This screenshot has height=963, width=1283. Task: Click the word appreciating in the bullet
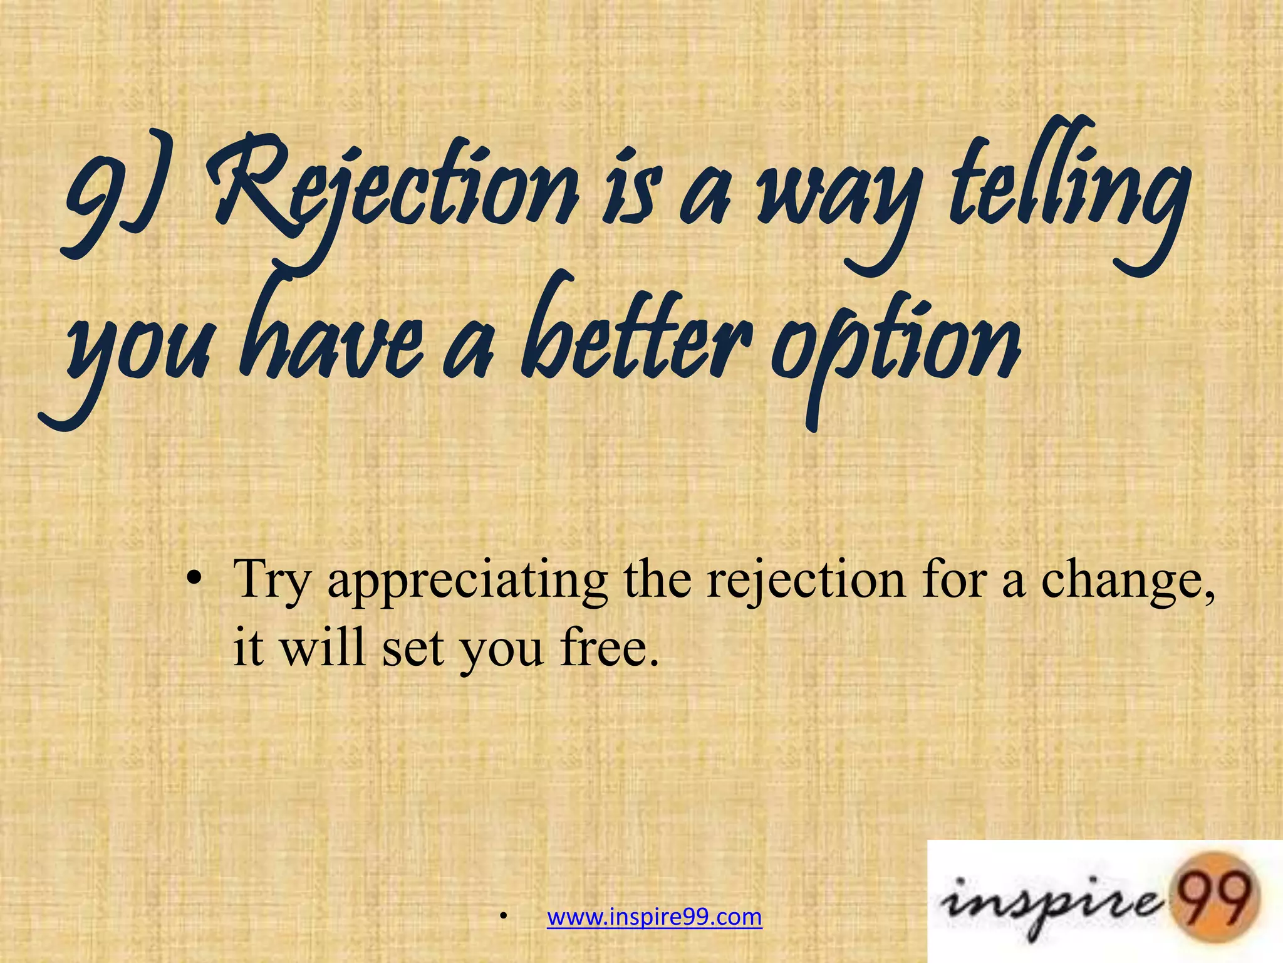[467, 580]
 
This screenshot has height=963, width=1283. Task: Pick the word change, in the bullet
[1128, 580]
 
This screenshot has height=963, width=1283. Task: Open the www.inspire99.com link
[655, 917]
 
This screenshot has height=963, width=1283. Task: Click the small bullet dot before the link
[502, 918]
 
